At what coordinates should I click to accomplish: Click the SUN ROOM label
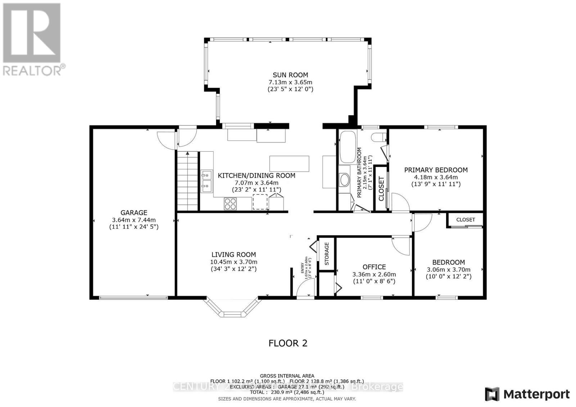pos(290,75)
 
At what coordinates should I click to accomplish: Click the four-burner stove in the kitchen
pos(230,204)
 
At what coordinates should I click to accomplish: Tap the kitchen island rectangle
pos(289,164)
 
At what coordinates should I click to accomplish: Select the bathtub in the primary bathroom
pos(348,147)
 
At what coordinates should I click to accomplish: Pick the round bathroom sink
pos(345,180)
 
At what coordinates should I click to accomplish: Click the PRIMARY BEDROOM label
pos(436,170)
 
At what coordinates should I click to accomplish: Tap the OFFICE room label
pos(374,267)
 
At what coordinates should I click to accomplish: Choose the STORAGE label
pos(327,254)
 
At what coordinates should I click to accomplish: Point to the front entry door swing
pos(305,288)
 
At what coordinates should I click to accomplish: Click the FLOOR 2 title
pos(288,343)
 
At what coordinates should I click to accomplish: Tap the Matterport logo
pos(527,394)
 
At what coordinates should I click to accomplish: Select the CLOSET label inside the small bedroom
pos(465,219)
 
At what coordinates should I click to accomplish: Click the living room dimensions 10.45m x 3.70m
pos(234,262)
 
